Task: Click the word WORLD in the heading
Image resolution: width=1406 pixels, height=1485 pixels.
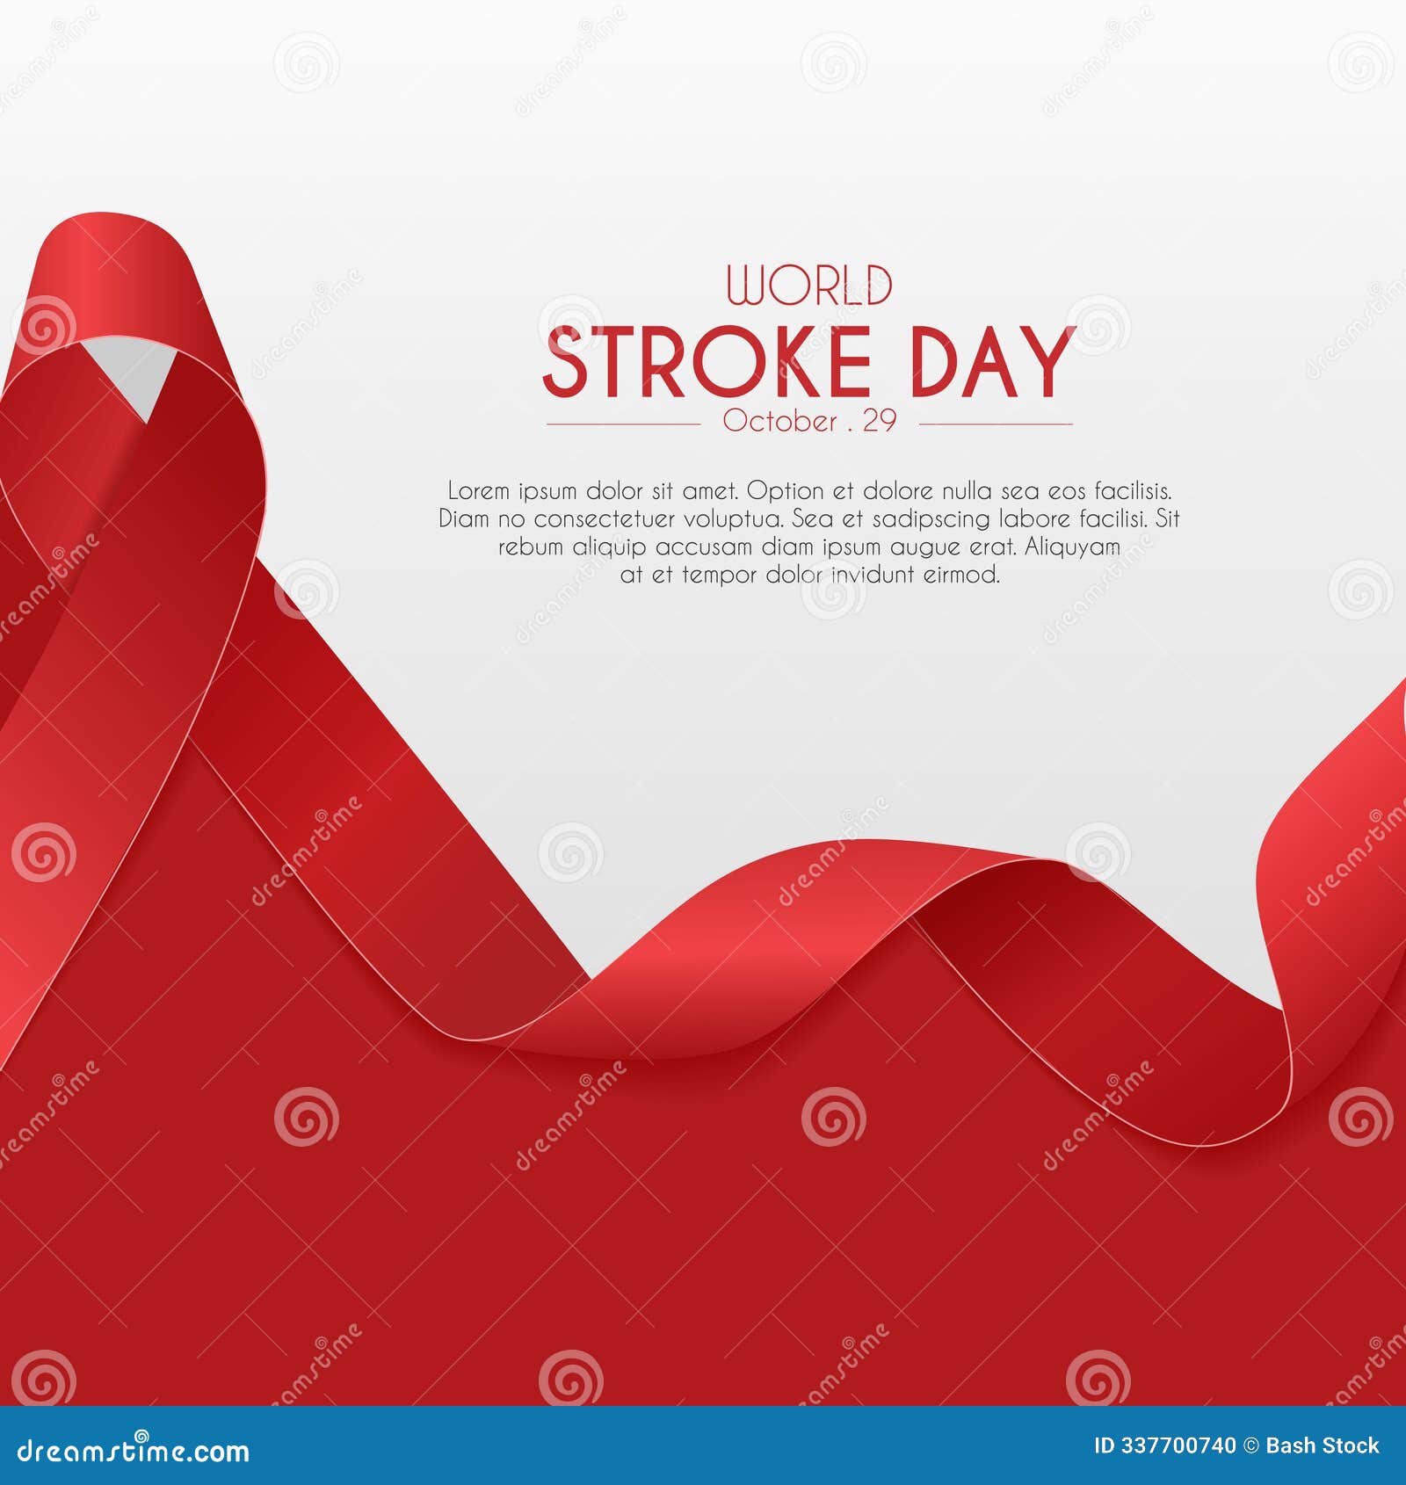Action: point(809,286)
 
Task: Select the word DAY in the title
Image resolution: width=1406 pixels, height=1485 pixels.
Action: point(992,362)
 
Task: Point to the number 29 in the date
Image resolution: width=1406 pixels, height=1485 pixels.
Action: point(879,421)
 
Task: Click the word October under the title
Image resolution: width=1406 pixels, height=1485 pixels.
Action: point(779,421)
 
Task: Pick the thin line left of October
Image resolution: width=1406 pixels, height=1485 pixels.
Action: point(623,424)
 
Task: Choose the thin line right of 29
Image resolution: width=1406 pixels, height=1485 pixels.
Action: point(996,424)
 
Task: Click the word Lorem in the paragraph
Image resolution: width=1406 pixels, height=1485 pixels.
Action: point(478,490)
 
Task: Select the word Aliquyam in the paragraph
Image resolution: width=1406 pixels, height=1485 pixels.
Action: point(1072,547)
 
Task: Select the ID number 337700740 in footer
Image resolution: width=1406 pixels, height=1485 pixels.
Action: point(1178,1445)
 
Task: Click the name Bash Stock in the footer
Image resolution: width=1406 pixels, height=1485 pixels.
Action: point(1323,1445)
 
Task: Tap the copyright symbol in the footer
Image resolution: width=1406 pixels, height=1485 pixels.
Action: point(1251,1445)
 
